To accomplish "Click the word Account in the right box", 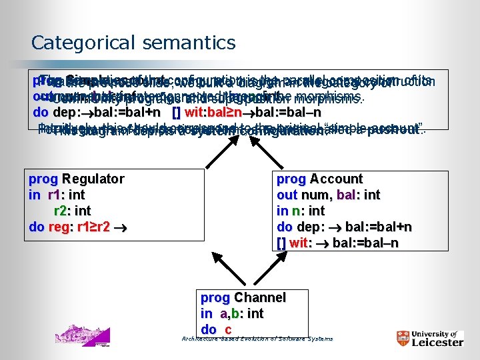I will [337, 179].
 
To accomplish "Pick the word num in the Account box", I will [313, 195].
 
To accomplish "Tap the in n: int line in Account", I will [301, 211].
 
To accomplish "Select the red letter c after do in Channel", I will [228, 329].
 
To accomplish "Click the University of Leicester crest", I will [403, 337].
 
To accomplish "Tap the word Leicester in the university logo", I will [437, 342].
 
